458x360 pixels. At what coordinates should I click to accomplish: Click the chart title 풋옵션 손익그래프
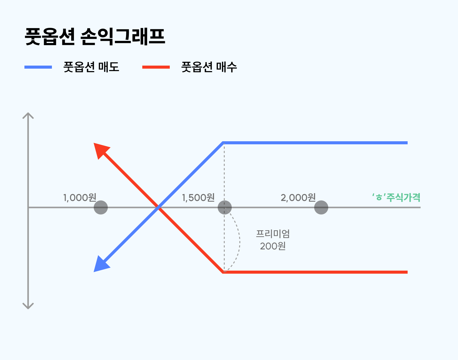pos(95,37)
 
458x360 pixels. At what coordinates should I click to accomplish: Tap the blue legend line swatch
pos(38,67)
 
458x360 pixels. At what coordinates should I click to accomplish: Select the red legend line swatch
pos(156,67)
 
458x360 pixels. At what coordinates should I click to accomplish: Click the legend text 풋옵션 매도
pos(91,67)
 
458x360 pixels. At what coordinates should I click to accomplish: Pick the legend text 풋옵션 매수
pos(209,67)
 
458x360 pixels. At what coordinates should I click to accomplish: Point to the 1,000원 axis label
pos(80,198)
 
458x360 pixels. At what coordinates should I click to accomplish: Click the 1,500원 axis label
pos(198,198)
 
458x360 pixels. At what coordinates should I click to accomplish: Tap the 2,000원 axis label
pos(298,198)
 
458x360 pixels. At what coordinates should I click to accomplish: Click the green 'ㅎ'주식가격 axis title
pos(396,197)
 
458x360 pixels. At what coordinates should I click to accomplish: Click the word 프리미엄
pos(273,234)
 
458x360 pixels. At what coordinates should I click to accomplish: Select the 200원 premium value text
pos(273,246)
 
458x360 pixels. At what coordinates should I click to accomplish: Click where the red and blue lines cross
pos(158,207)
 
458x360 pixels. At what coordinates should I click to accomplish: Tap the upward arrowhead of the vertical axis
pos(28,115)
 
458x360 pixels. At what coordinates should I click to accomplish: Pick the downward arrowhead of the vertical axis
pos(28,306)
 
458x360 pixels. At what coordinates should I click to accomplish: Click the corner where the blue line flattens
pos(224,143)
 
